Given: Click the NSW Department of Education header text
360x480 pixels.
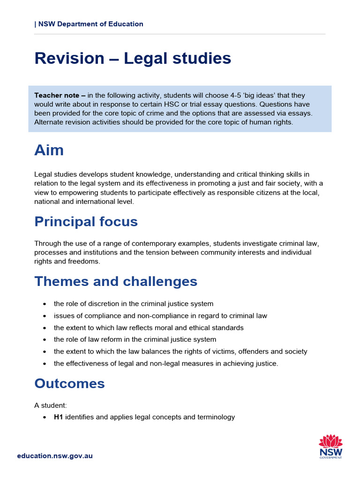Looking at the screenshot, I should [90, 24].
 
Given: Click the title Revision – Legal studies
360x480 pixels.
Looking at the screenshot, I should [133, 58].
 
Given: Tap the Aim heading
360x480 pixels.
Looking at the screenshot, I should [49, 150].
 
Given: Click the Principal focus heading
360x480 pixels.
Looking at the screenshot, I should [86, 221].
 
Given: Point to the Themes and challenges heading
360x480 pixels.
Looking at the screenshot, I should [116, 281].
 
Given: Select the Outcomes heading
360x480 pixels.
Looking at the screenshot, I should [69, 383].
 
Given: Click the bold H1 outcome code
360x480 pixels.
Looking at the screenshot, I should [59, 417].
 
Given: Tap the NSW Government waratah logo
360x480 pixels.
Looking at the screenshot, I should [330, 447].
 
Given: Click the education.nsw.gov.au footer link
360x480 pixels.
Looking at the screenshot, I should [55, 456].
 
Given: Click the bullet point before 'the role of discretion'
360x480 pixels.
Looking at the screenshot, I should [44, 304].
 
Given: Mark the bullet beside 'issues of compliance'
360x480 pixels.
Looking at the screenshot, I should [44, 316].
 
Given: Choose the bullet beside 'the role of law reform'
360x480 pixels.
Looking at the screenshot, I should [44, 339].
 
